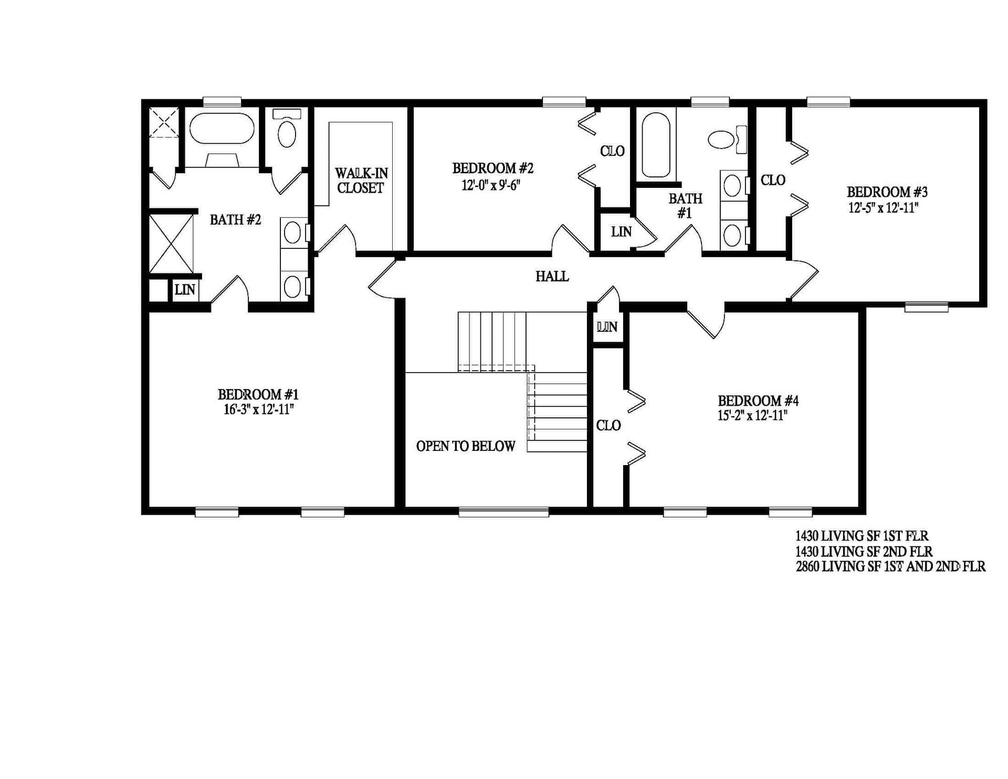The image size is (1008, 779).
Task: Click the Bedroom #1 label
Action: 258,394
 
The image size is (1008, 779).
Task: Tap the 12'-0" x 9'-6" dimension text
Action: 491,185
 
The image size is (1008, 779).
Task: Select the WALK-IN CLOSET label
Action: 361,181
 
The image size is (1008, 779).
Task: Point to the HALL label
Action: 552,276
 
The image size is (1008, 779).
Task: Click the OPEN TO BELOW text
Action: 465,446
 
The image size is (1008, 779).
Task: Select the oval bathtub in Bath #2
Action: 222,128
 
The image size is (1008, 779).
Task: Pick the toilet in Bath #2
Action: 287,131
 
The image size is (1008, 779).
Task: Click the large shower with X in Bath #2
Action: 171,243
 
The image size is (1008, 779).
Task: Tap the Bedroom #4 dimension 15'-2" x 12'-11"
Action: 753,416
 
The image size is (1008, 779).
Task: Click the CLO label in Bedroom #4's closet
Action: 608,425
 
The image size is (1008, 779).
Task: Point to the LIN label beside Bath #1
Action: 621,231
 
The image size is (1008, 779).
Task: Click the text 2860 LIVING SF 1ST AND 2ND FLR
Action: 890,567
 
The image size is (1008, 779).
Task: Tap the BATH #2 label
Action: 235,220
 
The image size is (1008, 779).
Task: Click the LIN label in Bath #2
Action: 185,289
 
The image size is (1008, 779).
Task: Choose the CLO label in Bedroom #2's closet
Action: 612,151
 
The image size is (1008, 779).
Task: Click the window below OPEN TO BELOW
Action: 503,512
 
